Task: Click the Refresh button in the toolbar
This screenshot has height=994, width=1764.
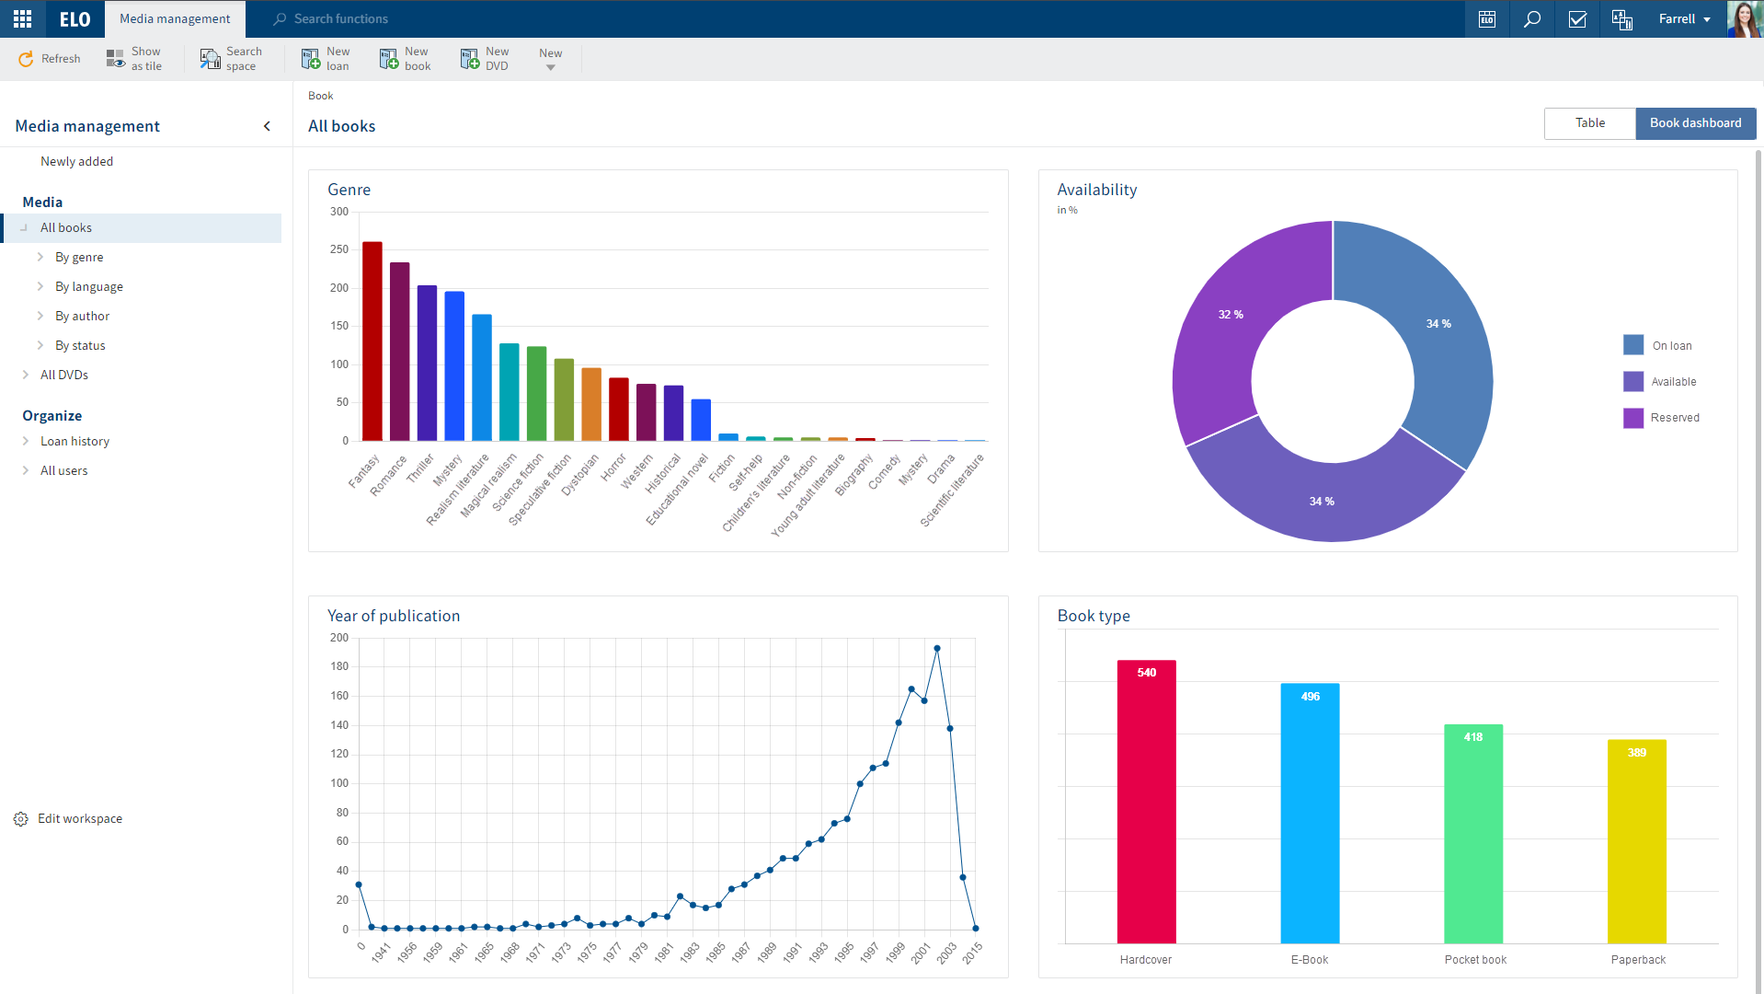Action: point(50,59)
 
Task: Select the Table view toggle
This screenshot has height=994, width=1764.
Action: point(1589,123)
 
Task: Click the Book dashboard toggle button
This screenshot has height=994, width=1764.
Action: point(1695,123)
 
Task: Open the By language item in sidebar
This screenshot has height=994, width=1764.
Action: point(88,287)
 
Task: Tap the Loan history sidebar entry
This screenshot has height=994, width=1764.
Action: point(74,442)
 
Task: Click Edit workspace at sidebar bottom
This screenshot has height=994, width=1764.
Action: point(79,819)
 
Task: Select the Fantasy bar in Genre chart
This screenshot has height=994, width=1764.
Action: point(372,341)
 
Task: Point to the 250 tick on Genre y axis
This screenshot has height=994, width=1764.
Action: point(339,249)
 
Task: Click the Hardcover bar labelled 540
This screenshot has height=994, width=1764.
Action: point(1146,801)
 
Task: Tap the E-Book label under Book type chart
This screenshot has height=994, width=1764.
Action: point(1309,960)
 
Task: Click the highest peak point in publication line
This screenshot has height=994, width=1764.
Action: point(937,649)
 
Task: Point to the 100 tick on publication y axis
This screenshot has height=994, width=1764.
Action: point(339,783)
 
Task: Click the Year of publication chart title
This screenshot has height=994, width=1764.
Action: point(394,617)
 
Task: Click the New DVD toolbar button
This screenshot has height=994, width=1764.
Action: point(485,59)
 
